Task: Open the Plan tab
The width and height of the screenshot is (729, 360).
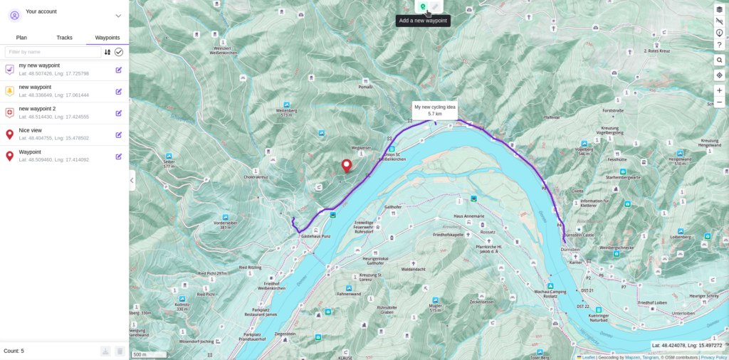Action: click(x=21, y=38)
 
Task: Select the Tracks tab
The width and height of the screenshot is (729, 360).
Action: click(x=64, y=38)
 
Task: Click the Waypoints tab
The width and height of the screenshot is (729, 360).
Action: click(x=107, y=38)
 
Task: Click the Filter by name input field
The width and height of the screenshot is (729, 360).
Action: click(x=53, y=52)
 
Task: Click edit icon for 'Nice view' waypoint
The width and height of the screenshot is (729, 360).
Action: click(x=119, y=134)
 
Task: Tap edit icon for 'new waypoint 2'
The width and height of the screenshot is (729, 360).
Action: click(x=119, y=112)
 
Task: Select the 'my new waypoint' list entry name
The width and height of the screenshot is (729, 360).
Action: click(x=39, y=65)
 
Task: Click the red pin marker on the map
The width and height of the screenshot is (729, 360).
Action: click(x=347, y=165)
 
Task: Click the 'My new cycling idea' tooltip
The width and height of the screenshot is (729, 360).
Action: click(x=435, y=110)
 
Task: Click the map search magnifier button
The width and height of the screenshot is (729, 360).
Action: click(x=719, y=60)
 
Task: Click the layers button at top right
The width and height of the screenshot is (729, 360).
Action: click(x=719, y=9)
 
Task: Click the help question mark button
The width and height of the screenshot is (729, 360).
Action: click(x=719, y=45)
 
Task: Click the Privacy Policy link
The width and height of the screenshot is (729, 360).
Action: click(x=713, y=357)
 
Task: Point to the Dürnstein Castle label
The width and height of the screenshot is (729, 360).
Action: click(x=578, y=235)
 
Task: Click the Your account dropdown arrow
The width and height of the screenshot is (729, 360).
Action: click(x=118, y=16)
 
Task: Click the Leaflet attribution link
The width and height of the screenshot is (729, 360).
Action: click(x=588, y=357)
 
